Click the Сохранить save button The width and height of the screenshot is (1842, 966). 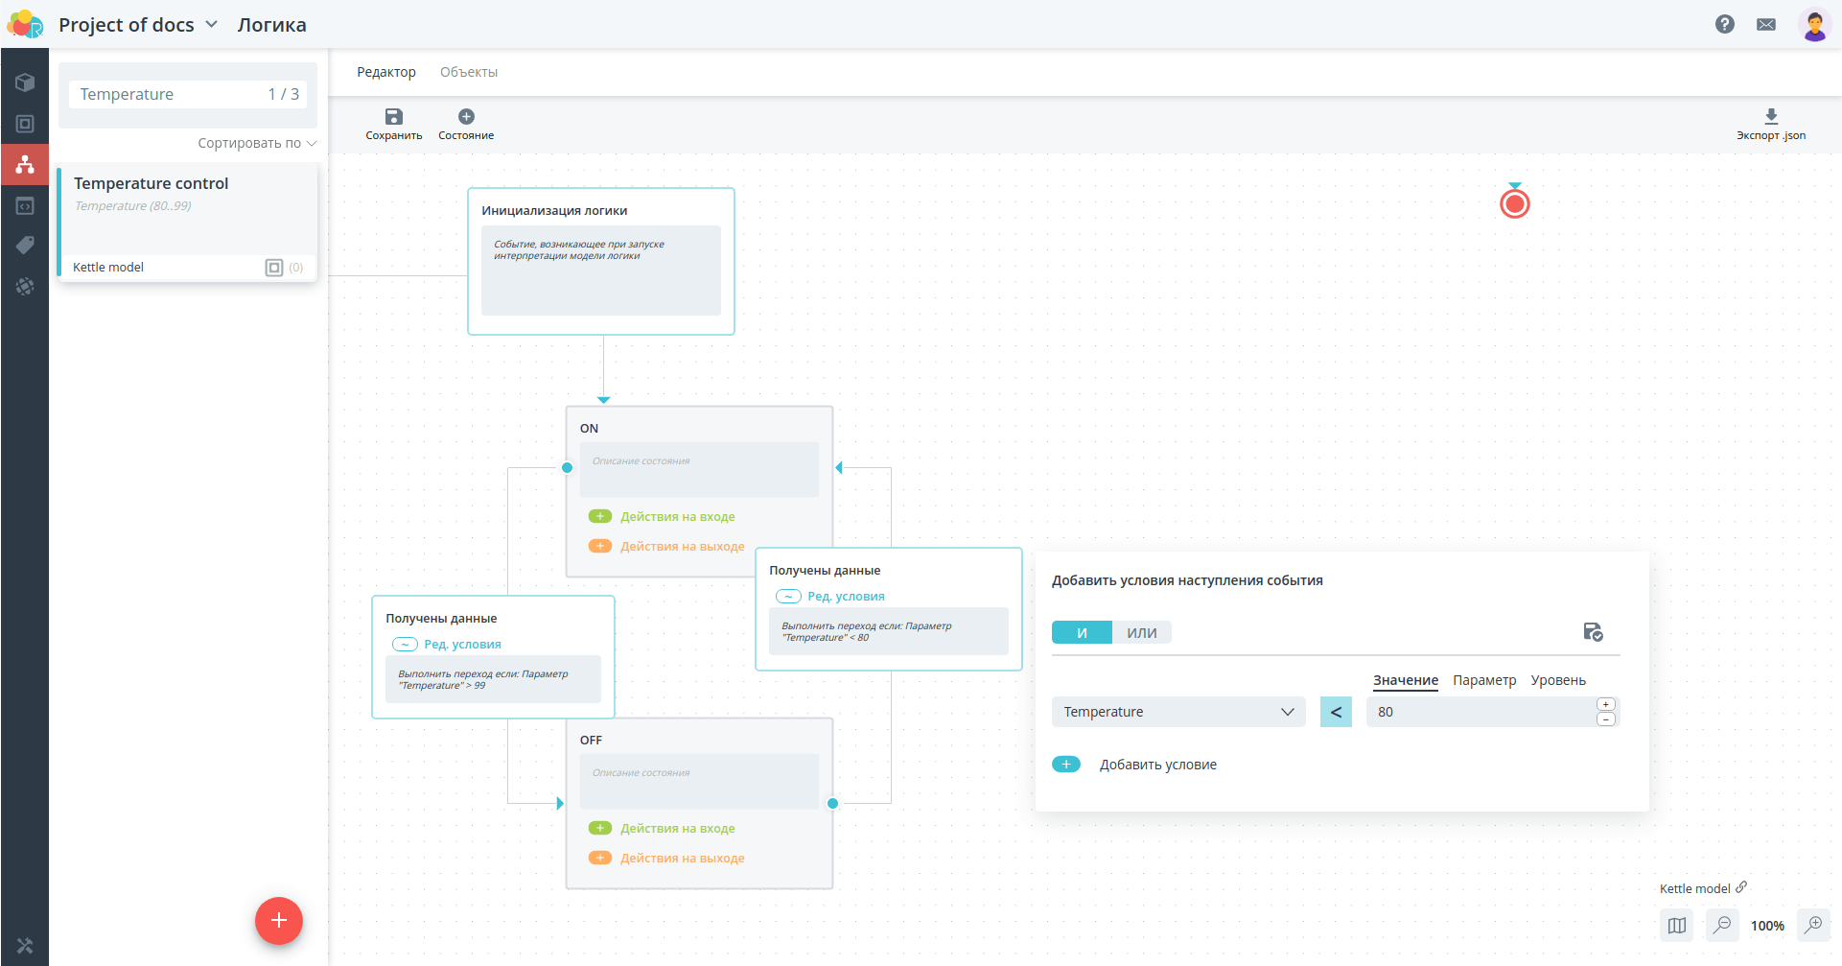coord(393,124)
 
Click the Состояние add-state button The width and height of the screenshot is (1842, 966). coord(466,124)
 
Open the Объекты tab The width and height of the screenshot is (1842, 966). coord(469,72)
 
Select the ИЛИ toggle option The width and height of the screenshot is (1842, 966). coord(1142,633)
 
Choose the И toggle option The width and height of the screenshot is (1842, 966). coord(1082,633)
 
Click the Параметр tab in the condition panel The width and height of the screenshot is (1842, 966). coord(1484,680)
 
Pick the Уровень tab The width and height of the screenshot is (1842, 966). coord(1558,680)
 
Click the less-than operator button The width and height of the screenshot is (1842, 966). coord(1336,712)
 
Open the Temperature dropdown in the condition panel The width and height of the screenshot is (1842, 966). coord(1178,712)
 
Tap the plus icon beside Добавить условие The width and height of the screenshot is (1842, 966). coord(1066,765)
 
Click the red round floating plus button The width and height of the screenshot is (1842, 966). coord(279,921)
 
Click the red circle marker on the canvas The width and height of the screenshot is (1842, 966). coord(1515,203)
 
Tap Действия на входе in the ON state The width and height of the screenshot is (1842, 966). coord(677,517)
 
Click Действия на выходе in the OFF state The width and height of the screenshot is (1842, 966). coord(682,859)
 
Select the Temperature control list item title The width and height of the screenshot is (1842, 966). coord(152,183)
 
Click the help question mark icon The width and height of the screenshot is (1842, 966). coord(1725,25)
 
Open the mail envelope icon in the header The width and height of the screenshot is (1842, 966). coord(1766,25)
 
